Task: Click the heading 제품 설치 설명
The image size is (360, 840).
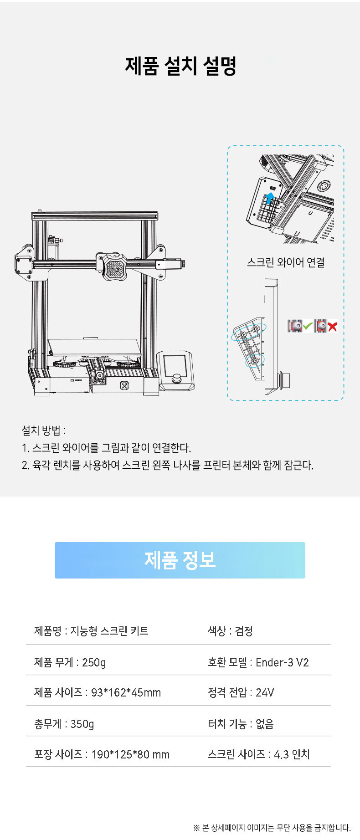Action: point(180,66)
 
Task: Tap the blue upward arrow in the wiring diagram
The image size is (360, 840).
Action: point(270,198)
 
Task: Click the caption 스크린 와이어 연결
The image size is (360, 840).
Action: point(286,262)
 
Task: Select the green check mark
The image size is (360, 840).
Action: point(308,326)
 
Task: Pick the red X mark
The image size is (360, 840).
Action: point(332,326)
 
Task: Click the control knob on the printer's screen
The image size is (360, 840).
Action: point(177,379)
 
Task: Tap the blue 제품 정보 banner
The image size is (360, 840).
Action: point(180,560)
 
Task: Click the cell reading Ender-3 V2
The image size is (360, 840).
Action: point(282,662)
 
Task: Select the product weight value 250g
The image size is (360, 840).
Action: point(94,662)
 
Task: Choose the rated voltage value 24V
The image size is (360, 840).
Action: point(265,693)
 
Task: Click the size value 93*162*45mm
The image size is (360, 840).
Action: point(126,693)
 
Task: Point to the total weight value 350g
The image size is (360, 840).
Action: point(82,724)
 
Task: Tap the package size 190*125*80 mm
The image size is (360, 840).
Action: point(130,754)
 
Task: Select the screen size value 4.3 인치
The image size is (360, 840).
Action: point(292,754)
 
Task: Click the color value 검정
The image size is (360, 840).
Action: point(244,631)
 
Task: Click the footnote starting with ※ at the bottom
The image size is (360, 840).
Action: point(272,828)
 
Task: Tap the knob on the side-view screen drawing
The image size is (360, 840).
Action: point(285,380)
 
